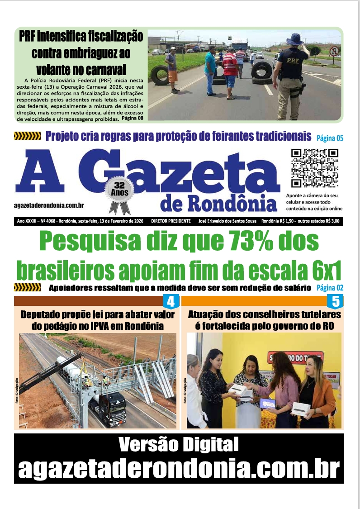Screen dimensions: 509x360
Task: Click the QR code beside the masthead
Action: pos(315,168)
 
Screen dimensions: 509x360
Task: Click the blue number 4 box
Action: pos(171,301)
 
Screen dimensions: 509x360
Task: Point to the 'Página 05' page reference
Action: pos(330,138)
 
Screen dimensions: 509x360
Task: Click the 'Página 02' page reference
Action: pos(330,288)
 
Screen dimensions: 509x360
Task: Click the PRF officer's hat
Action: pos(294,39)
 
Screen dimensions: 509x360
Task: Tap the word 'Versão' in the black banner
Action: pos(147,445)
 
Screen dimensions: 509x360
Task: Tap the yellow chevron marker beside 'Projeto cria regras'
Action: pos(28,136)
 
